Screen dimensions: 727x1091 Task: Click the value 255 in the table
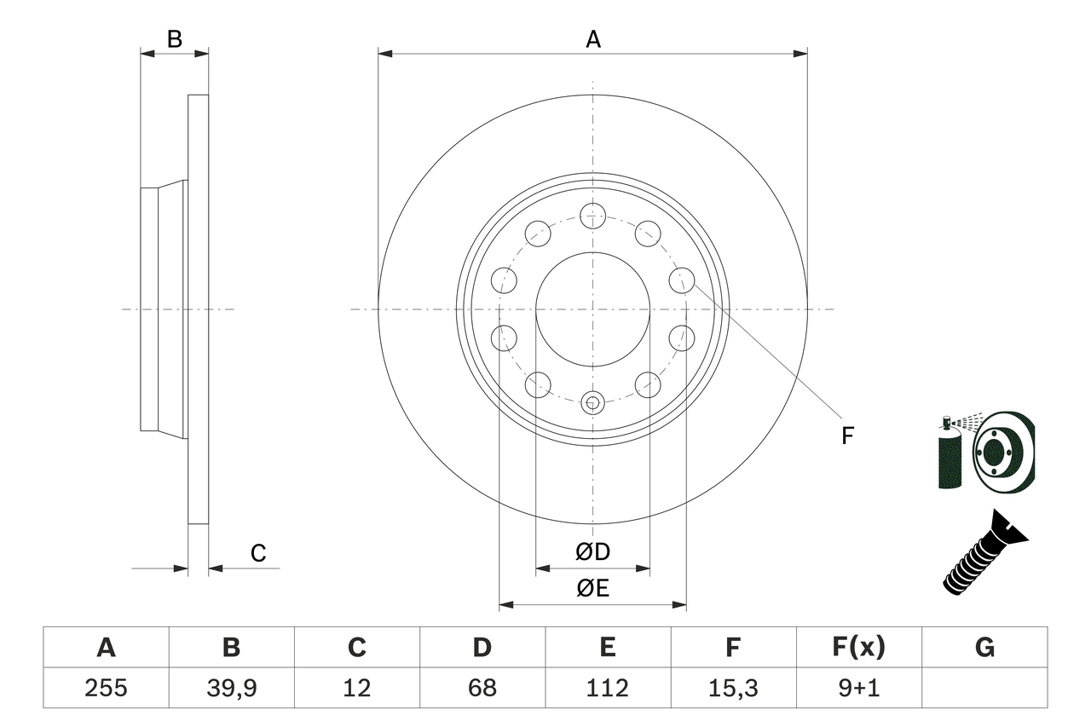click(106, 687)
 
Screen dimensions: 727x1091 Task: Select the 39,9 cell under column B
click(231, 687)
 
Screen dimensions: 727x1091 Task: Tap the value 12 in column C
click(356, 687)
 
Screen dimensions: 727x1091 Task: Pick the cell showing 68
click(482, 687)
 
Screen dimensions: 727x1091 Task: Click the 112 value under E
click(607, 687)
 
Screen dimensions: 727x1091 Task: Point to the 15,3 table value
click(732, 687)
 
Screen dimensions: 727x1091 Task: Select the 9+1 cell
click(858, 687)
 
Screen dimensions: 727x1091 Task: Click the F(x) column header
click(858, 648)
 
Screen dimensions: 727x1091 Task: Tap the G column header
click(984, 648)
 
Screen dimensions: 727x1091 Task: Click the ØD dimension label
click(592, 551)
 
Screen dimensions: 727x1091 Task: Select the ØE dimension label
click(592, 588)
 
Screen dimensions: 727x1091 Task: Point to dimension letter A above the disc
click(593, 38)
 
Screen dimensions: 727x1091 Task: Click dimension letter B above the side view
click(174, 38)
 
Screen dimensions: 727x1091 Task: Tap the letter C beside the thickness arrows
click(258, 553)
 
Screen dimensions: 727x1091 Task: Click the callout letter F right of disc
click(847, 436)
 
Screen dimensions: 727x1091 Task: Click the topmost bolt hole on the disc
click(592, 216)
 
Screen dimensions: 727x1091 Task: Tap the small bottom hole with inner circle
click(592, 401)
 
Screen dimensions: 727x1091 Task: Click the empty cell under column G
click(984, 687)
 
